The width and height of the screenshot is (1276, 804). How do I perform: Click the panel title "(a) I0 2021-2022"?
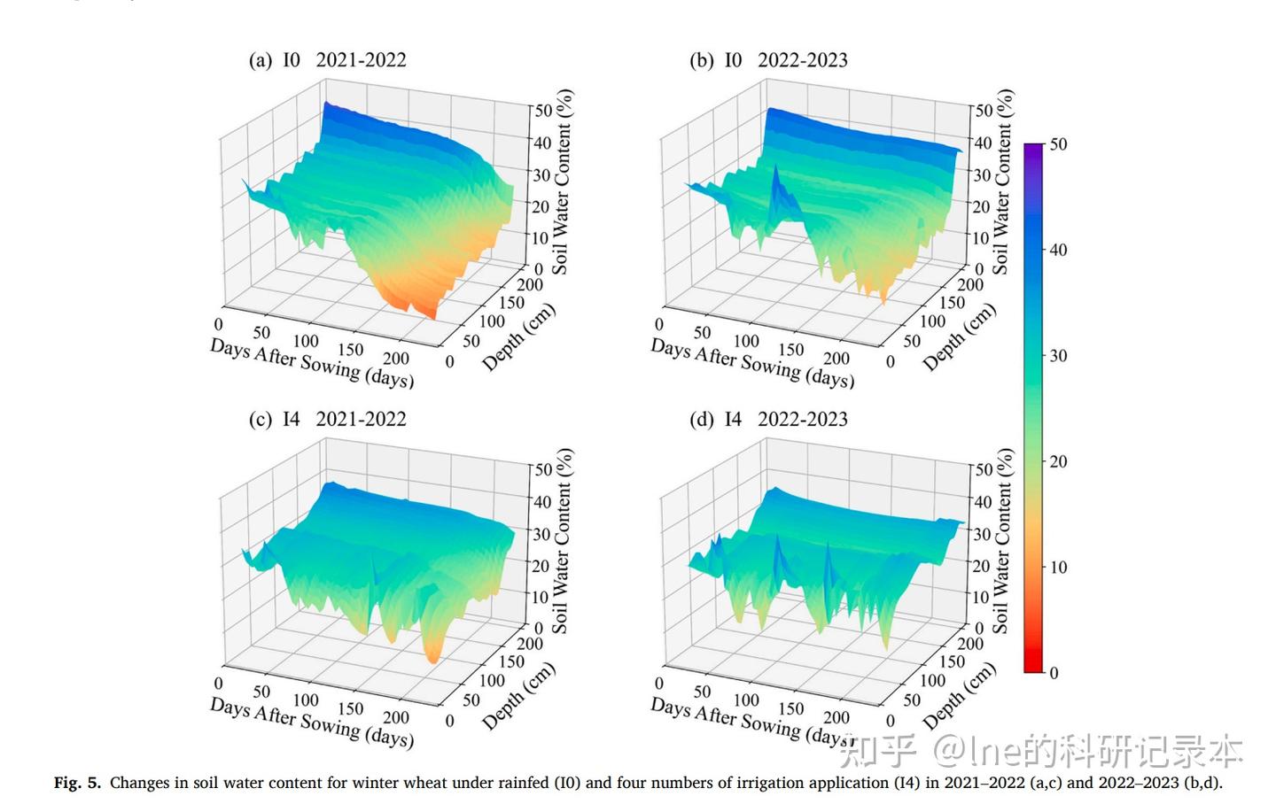pyautogui.click(x=327, y=60)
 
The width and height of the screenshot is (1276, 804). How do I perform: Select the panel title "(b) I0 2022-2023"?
pyautogui.click(x=768, y=60)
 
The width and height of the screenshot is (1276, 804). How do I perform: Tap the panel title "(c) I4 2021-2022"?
pyautogui.click(x=327, y=419)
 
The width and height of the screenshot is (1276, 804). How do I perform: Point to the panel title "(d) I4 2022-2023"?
pyautogui.click(x=768, y=419)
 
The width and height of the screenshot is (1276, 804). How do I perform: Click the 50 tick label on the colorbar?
pyautogui.click(x=1058, y=144)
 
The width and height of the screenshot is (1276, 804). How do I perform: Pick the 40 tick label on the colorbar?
pyautogui.click(x=1058, y=250)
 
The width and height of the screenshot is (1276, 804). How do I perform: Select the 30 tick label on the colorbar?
pyautogui.click(x=1058, y=356)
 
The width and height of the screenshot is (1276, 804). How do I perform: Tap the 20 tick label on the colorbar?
pyautogui.click(x=1058, y=461)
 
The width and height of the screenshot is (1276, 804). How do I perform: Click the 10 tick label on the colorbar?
pyautogui.click(x=1058, y=567)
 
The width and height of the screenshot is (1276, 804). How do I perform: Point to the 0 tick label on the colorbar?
pyautogui.click(x=1054, y=673)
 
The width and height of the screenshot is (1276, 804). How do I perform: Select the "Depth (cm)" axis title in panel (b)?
pyautogui.click(x=960, y=336)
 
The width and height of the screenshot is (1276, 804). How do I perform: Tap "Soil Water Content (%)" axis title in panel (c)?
pyautogui.click(x=562, y=540)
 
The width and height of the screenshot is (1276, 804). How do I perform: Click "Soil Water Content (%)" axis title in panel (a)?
pyautogui.click(x=562, y=182)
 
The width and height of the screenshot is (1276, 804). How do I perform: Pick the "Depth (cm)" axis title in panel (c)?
pyautogui.click(x=519, y=696)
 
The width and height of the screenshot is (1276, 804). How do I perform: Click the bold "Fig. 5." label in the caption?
pyautogui.click(x=78, y=783)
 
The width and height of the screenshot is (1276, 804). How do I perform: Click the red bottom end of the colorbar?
pyautogui.click(x=1033, y=667)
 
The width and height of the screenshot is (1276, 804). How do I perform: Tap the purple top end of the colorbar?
pyautogui.click(x=1033, y=149)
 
